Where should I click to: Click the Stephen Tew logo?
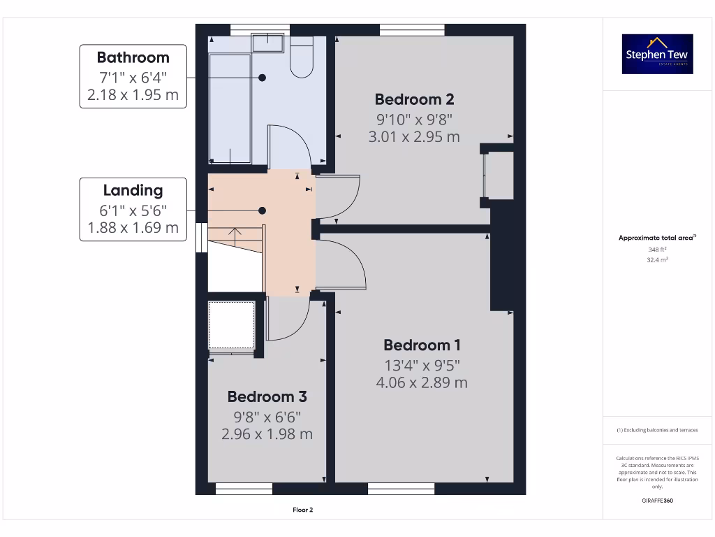click(657, 54)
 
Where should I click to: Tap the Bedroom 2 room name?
click(415, 99)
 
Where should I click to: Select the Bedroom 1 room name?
click(422, 345)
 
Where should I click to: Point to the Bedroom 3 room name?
click(267, 396)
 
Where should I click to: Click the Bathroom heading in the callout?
click(133, 57)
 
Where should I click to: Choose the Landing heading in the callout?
click(133, 190)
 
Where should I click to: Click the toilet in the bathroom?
click(302, 59)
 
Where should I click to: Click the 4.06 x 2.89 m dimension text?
click(422, 382)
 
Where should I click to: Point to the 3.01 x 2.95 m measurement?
click(414, 137)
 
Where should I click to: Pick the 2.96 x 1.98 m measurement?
click(267, 434)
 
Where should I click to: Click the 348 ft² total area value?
click(656, 249)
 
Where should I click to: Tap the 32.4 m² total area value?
click(656, 259)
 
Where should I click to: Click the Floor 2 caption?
click(302, 510)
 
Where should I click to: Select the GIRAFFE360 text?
click(656, 501)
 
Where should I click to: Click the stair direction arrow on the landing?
click(235, 233)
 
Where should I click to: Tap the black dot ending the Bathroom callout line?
click(263, 78)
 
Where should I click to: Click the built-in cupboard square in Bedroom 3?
click(233, 325)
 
